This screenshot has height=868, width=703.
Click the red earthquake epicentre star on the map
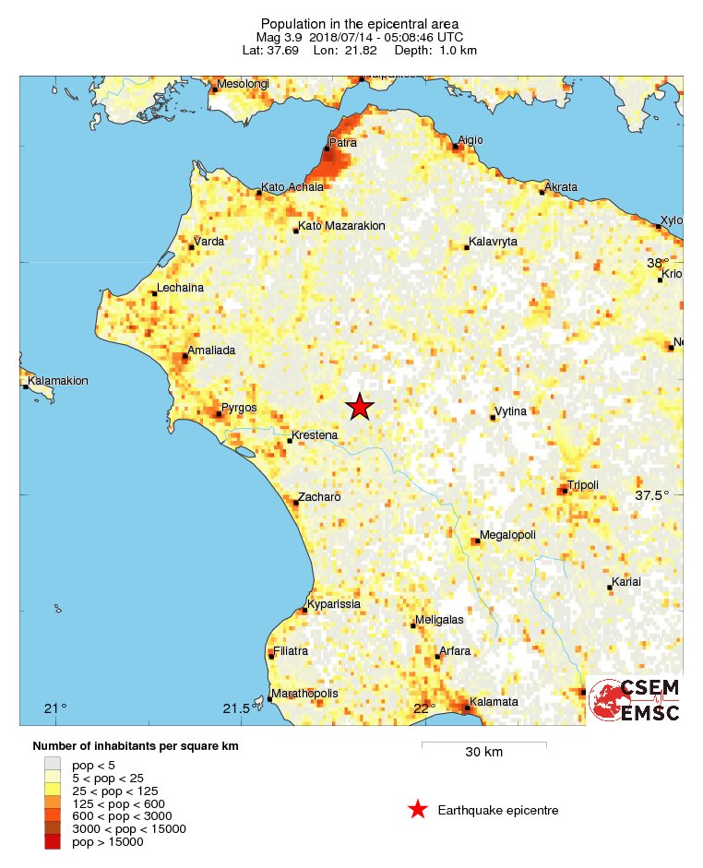click(x=360, y=407)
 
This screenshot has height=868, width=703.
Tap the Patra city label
click(x=343, y=143)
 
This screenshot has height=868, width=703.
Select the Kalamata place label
click(x=494, y=702)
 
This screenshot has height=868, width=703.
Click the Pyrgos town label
click(x=239, y=408)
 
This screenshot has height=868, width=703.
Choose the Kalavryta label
click(x=493, y=242)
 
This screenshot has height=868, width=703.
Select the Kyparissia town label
click(x=334, y=604)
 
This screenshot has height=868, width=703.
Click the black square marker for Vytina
click(x=493, y=418)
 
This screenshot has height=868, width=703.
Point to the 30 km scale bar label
click(x=483, y=753)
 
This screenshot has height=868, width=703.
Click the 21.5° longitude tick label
click(x=237, y=708)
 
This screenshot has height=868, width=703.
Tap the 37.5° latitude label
click(x=652, y=495)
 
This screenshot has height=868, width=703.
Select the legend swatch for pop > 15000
click(x=53, y=841)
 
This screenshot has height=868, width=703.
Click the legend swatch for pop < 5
click(x=53, y=764)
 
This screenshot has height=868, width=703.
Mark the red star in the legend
click(x=418, y=810)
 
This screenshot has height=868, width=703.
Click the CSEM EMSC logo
click(x=635, y=700)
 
